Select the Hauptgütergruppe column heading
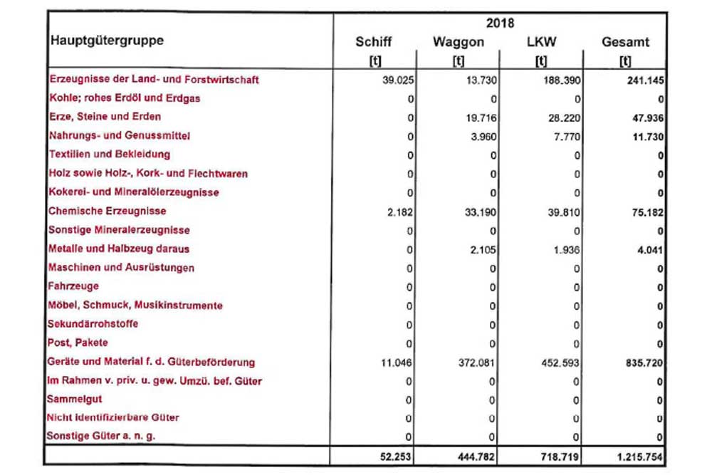(107, 41)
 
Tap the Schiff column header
(374, 42)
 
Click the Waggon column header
(459, 42)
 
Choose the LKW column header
(542, 42)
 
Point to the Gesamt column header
(625, 42)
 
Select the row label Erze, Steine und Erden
(105, 117)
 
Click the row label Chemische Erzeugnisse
(107, 212)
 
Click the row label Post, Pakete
(78, 343)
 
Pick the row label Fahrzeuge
(73, 286)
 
